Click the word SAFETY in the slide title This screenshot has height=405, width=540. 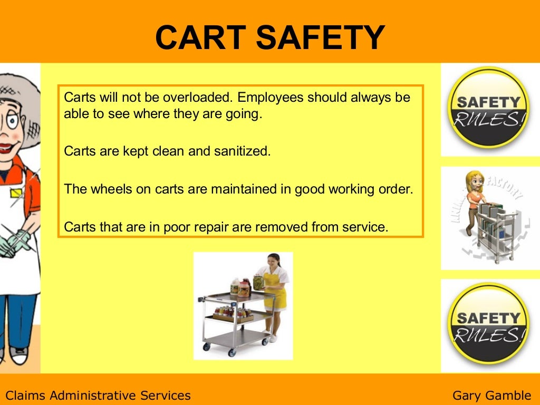(x=324, y=38)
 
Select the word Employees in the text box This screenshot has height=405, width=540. (x=270, y=98)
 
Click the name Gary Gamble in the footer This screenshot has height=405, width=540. (x=491, y=395)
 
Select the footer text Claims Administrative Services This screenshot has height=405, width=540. (x=98, y=395)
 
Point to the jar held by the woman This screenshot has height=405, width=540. (x=258, y=283)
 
